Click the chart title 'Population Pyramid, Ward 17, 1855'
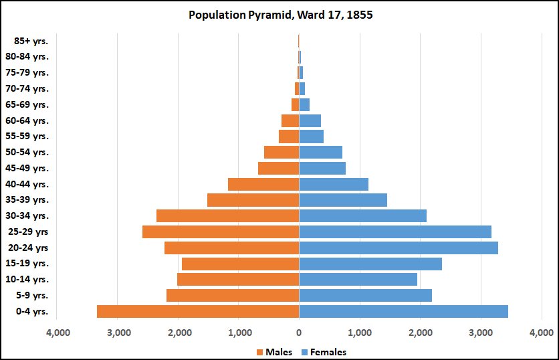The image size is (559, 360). click(279, 14)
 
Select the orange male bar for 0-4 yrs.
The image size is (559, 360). click(198, 311)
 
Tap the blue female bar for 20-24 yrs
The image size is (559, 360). click(399, 248)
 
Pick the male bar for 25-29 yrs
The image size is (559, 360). click(221, 232)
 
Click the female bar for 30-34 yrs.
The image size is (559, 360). click(362, 215)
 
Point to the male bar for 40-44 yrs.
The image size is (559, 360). click(263, 184)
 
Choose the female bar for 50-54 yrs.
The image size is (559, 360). click(320, 152)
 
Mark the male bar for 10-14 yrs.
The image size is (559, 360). click(238, 279)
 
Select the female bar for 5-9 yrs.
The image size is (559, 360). click(365, 295)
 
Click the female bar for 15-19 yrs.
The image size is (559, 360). click(370, 264)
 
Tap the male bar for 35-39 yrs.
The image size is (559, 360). click(253, 200)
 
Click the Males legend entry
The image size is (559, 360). click(274, 352)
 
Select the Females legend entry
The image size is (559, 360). click(324, 352)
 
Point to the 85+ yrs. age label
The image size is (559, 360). click(31, 41)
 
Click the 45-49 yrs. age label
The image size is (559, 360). click(31, 168)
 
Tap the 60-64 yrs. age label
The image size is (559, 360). click(31, 120)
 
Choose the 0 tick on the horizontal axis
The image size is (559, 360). click(299, 332)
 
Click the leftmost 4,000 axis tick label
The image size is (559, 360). click(58, 332)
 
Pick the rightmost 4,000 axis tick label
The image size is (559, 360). click(541, 332)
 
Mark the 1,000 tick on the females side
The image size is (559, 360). click(360, 332)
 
